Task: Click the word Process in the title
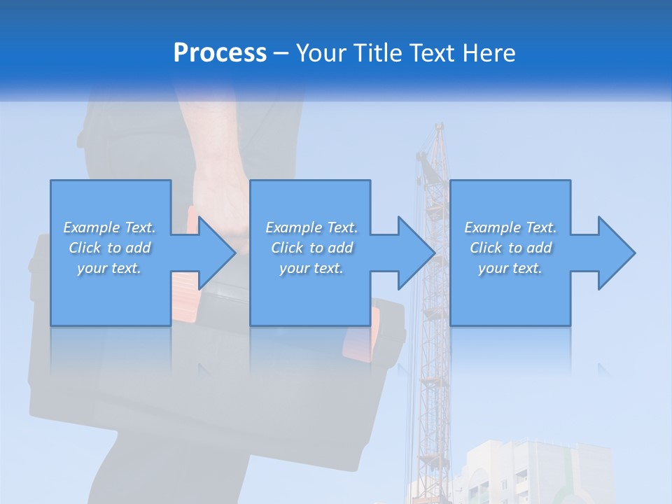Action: tap(220, 52)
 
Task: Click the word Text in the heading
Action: tap(433, 52)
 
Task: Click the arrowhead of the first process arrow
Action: tap(217, 253)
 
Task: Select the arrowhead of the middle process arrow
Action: tap(416, 253)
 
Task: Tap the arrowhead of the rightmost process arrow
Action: tap(617, 253)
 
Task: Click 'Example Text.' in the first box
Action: tap(109, 227)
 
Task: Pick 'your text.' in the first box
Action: tap(109, 268)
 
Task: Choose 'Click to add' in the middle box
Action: tap(311, 248)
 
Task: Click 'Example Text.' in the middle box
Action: tap(311, 227)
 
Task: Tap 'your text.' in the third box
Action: tap(510, 268)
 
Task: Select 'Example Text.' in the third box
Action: tap(510, 227)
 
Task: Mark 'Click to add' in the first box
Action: tap(109, 248)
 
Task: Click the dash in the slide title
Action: tap(281, 53)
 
